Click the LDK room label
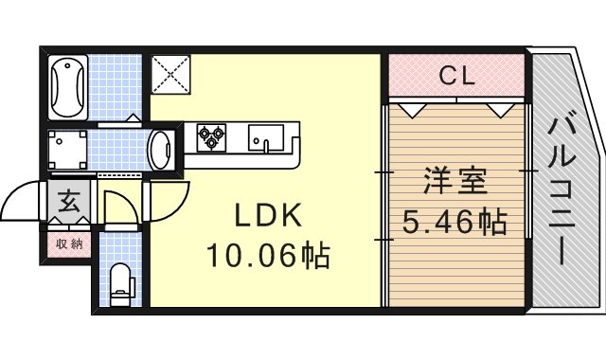[x=268, y=217]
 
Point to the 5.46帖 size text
[x=454, y=224]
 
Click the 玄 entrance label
[x=70, y=202]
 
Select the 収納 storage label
[x=69, y=243]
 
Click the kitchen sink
[x=265, y=140]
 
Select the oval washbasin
[x=161, y=149]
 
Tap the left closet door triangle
[x=411, y=108]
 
